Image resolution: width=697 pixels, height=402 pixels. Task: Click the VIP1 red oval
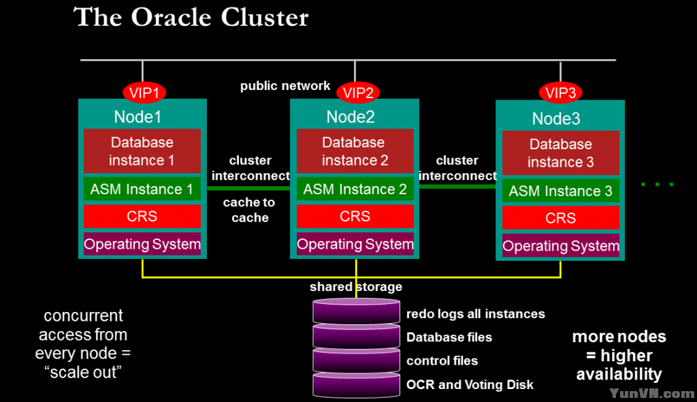point(144,93)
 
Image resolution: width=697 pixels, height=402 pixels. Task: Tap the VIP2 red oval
point(358,93)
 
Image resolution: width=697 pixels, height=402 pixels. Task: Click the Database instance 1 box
point(142,151)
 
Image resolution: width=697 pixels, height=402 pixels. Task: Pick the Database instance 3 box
point(560,153)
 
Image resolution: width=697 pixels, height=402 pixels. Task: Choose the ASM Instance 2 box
point(355,189)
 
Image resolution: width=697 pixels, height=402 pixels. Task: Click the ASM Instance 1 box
point(142,189)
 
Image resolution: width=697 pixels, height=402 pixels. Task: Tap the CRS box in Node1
point(142,217)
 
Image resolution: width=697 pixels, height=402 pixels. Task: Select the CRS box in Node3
point(560,218)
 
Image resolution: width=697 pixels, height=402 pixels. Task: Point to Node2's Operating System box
point(355,244)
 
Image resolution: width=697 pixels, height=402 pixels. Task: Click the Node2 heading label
point(351,117)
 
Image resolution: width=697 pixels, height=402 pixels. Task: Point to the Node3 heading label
point(556,119)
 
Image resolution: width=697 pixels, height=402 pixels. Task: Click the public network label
point(285,87)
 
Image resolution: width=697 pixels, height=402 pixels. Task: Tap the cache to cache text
point(249,210)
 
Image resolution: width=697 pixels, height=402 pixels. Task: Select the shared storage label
point(356,287)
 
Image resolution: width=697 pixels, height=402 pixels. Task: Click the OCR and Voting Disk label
point(470,385)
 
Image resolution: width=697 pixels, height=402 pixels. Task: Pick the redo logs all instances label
point(475,314)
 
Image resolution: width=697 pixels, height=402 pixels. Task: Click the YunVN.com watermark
point(651,393)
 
